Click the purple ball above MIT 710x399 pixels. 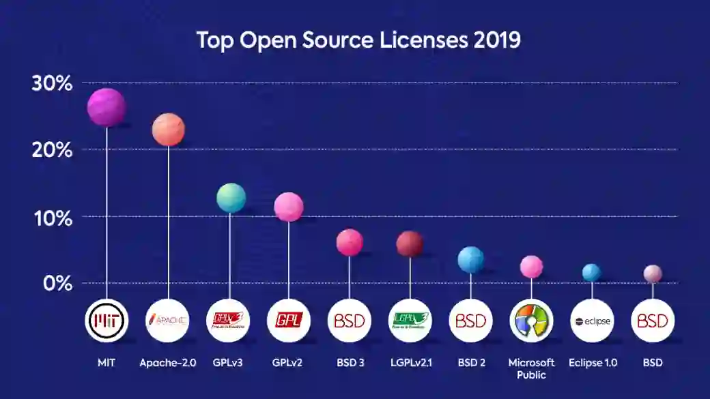tap(106, 107)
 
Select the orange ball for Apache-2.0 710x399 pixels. tap(168, 130)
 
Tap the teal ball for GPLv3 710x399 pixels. tap(231, 198)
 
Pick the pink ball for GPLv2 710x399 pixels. tap(288, 207)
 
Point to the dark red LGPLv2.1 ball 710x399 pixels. tap(410, 243)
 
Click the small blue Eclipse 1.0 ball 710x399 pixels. tap(591, 273)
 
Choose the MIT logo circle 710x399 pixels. tap(106, 321)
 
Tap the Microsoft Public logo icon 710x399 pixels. tap(531, 321)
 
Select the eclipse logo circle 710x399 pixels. tap(592, 321)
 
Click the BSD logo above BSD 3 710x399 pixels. tap(350, 321)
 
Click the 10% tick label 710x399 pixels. tap(52, 218)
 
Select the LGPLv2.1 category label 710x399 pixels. tap(410, 363)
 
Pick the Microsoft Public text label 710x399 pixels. tap(531, 368)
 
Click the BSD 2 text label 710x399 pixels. tap(470, 363)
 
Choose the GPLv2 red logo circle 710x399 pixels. tap(288, 321)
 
